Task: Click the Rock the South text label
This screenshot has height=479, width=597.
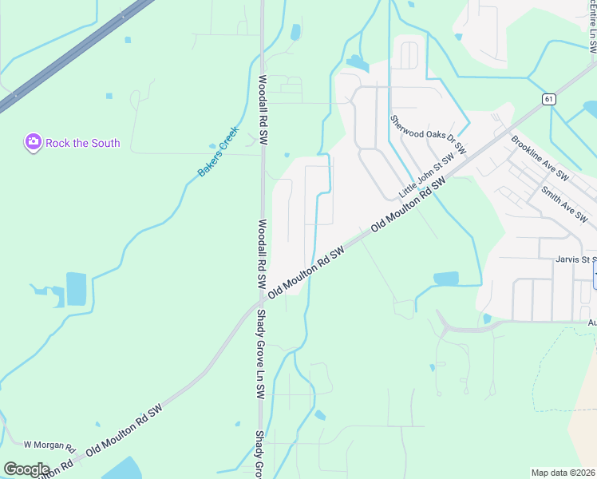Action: point(83,143)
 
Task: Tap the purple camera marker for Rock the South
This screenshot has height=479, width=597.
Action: point(33,142)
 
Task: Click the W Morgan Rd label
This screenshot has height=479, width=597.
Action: point(49,445)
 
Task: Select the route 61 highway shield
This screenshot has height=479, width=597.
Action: point(548,98)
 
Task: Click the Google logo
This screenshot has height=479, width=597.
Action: point(26,469)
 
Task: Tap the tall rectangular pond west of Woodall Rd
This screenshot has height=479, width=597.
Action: point(76,289)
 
